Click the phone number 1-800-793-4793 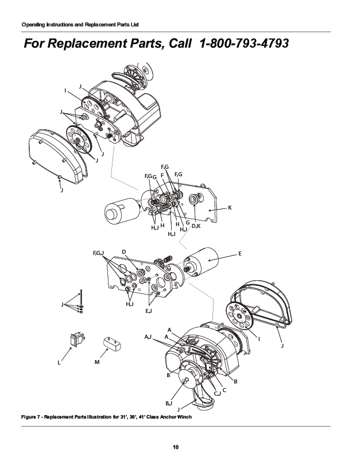pos(243,44)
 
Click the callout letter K pos(230,207)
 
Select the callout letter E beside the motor pos(239,253)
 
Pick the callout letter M pos(96,363)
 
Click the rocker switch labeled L pos(75,341)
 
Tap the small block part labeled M pos(111,344)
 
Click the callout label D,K pos(196,226)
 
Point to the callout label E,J pos(148,311)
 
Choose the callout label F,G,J pos(99,253)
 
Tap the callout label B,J pos(169,404)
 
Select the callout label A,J pos(148,336)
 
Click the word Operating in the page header pos(33,25)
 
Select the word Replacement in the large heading pos(88,44)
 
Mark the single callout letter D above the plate pos(123,252)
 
